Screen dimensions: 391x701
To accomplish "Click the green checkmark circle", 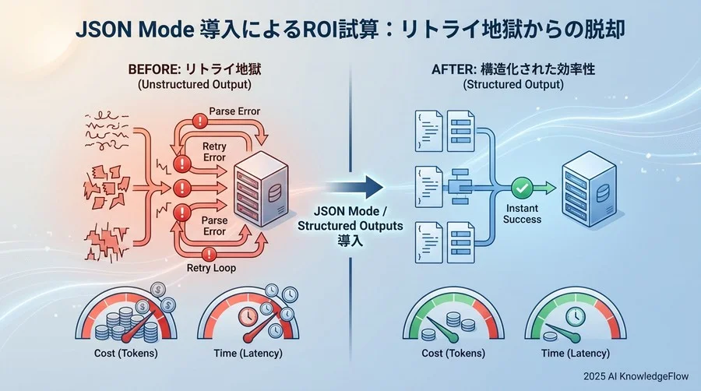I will [522, 188].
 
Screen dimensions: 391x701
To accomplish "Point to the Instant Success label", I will [522, 215].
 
